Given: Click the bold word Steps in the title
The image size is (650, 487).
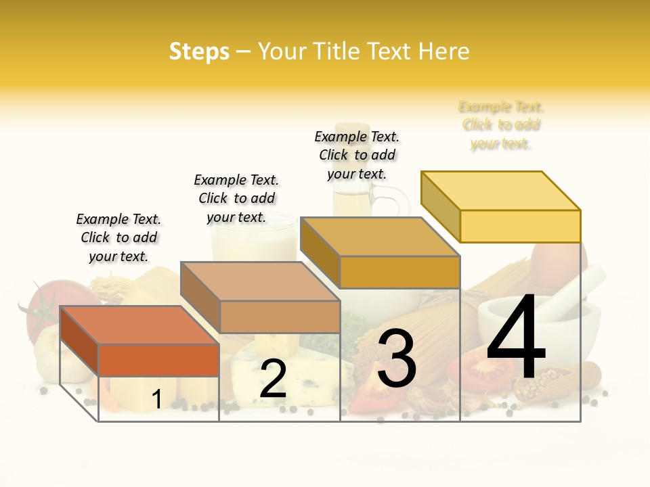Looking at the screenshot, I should (199, 51).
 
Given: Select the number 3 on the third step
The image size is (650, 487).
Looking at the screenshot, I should (396, 358).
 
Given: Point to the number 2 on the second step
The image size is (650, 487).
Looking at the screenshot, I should (273, 379).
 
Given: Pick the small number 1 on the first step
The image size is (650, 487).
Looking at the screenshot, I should (156, 399).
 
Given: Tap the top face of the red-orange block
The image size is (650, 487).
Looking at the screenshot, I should (139, 325).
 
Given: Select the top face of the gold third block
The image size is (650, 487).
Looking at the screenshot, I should (379, 237).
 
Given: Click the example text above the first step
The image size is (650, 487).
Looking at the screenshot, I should (118, 237).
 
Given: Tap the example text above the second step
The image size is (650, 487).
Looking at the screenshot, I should (236, 198).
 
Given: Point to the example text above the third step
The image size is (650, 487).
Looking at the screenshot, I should (357, 155).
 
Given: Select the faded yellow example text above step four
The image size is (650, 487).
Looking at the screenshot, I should (501, 125).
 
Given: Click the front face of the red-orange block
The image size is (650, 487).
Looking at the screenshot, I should (158, 360).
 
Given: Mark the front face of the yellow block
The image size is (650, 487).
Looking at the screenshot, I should (520, 226).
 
